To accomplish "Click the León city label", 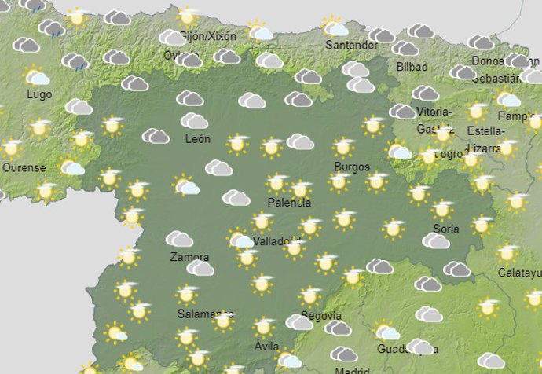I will (197, 139).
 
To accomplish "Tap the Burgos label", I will (351, 167).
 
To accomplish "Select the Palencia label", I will (289, 203).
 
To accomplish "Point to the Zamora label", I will (189, 257).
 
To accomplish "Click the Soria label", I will (445, 229).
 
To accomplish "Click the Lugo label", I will (38, 94).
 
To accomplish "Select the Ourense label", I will (24, 167).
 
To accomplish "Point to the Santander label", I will (351, 46).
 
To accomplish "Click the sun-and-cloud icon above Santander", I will (335, 27).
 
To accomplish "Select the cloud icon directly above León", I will (193, 120).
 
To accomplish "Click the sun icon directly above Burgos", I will (342, 147).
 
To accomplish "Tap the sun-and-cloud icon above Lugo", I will (36, 77).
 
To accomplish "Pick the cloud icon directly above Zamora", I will (180, 239).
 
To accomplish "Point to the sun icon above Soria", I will (441, 210).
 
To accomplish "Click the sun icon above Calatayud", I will (507, 253).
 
